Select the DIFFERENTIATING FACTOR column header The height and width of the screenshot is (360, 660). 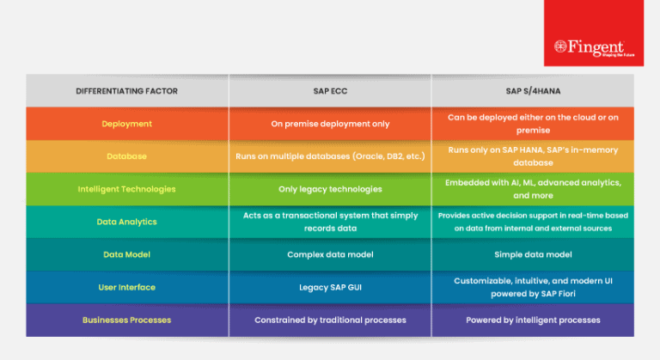point(127,90)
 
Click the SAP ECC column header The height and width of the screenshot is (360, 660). point(330,90)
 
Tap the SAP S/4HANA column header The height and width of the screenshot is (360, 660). point(534,90)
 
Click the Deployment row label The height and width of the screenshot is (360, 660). point(126,124)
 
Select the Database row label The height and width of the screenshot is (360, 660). point(126,156)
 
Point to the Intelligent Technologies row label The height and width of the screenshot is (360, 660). point(126,189)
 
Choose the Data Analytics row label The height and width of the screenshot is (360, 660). point(126,222)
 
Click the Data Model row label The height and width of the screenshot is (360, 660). point(126,254)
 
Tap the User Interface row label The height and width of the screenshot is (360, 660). point(126,287)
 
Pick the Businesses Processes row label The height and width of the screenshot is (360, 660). point(126,320)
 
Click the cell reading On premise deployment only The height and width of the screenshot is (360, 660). point(330,124)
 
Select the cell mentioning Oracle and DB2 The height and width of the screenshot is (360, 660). point(330,156)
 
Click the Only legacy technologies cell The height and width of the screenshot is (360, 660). point(330,189)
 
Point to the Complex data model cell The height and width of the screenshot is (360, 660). point(330,254)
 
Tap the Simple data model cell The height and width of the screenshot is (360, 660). point(534,254)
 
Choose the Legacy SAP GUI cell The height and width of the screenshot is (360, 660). point(330,287)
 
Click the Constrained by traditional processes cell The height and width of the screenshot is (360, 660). point(330,320)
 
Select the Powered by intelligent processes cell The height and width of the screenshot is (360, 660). point(534,320)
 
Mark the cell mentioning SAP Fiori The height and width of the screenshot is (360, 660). point(534,287)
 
